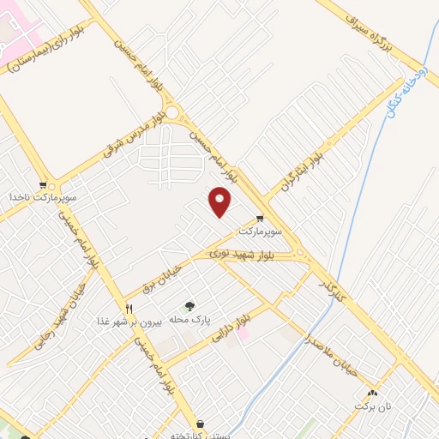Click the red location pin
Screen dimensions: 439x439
pyautogui.click(x=220, y=201)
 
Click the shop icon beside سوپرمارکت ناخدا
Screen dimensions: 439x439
pyautogui.click(x=43, y=184)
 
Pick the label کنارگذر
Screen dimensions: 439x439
pyautogui.click(x=330, y=288)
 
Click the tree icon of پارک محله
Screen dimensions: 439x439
pyautogui.click(x=189, y=306)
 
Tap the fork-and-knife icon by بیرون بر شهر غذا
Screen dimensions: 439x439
pyautogui.click(x=129, y=309)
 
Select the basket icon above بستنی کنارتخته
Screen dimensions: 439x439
pyautogui.click(x=200, y=423)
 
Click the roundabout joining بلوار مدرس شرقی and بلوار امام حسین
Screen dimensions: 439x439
pyautogui.click(x=173, y=112)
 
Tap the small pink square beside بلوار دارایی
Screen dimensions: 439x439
pyautogui.click(x=244, y=333)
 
